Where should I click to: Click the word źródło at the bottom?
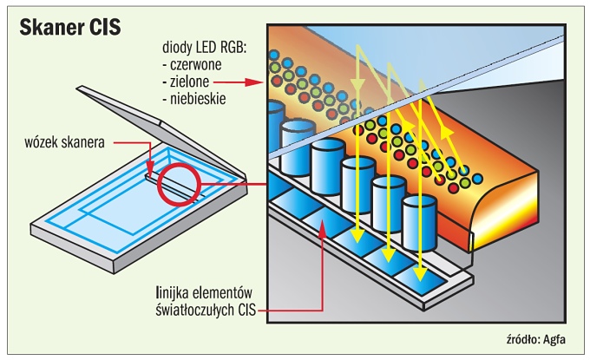(x=521, y=338)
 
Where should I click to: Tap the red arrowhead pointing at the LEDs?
(x=257, y=82)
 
